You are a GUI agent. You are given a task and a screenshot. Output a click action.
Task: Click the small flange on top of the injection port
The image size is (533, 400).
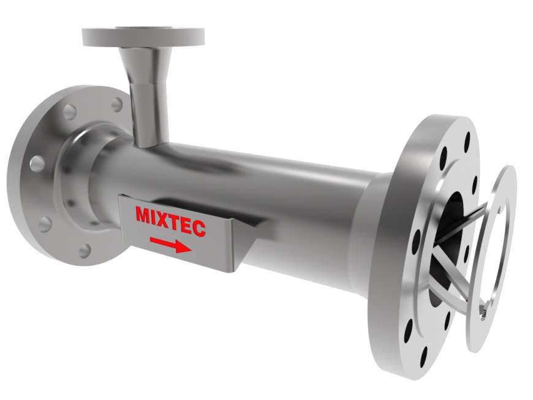(x=143, y=36)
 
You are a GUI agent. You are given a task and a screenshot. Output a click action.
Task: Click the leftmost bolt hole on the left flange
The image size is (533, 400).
(x=37, y=163)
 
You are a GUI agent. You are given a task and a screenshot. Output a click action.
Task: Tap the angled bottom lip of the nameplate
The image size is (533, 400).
(x=239, y=257)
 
